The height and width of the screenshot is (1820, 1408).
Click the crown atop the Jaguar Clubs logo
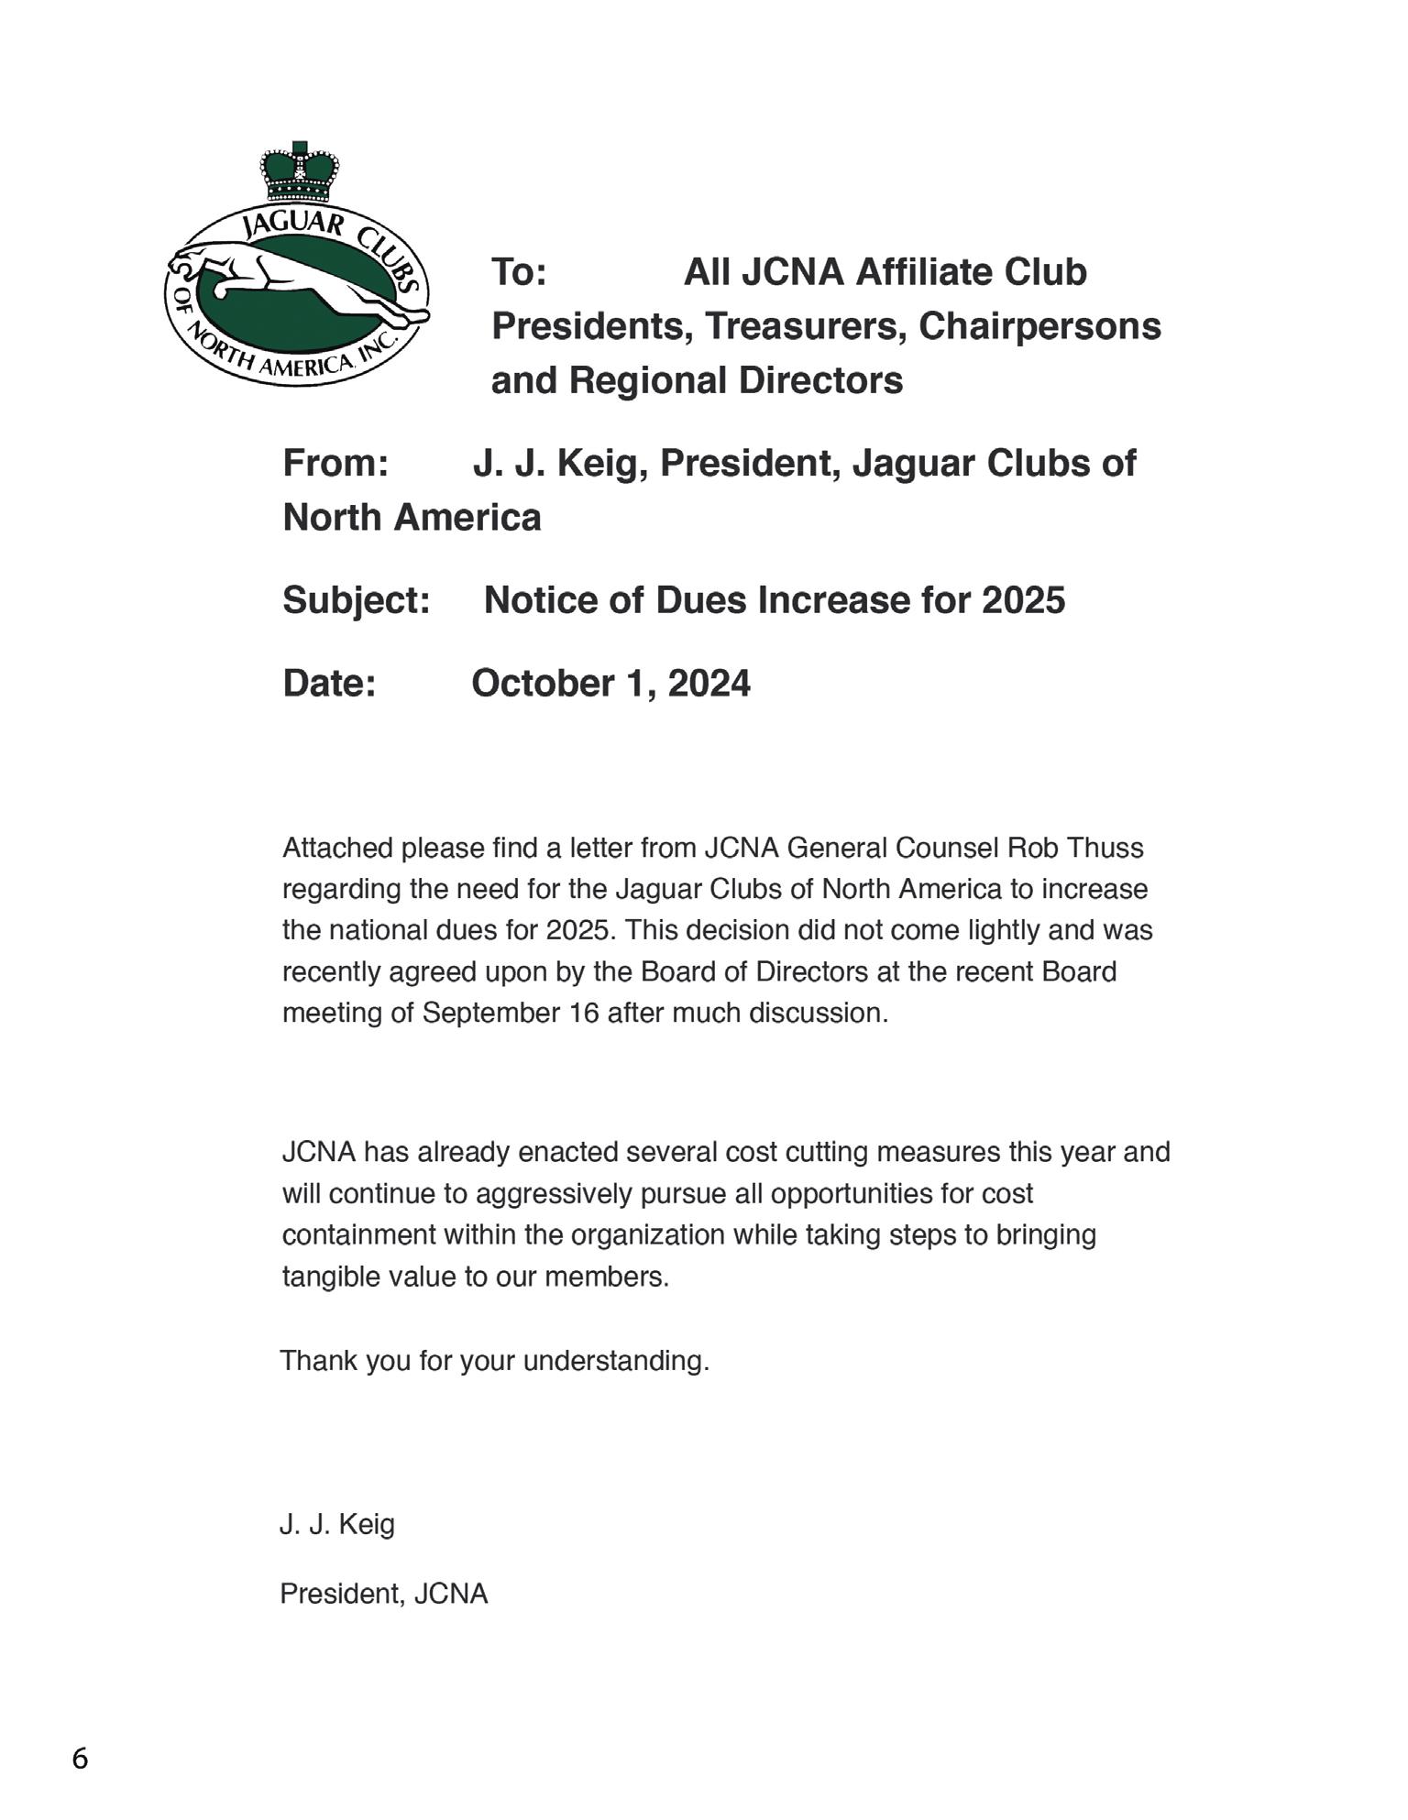point(299,173)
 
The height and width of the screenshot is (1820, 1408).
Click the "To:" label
point(519,272)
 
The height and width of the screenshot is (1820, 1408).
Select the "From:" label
point(335,463)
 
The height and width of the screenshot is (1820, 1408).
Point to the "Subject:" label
point(357,600)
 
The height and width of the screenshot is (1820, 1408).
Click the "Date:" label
point(329,684)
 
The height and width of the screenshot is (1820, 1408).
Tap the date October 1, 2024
point(610,684)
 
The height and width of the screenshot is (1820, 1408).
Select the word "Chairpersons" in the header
point(1039,326)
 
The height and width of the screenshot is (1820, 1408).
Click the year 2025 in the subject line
point(1023,600)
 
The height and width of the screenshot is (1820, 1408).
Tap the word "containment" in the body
point(358,1235)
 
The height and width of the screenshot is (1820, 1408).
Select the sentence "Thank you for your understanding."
point(495,1361)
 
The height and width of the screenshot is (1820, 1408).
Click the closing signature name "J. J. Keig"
point(337,1524)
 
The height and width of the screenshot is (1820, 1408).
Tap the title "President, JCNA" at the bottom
point(383,1594)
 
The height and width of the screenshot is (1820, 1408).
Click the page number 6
point(81,1759)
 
